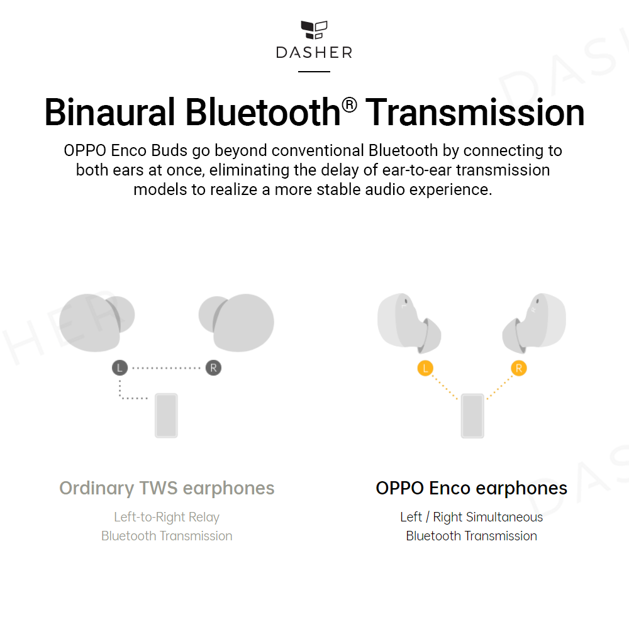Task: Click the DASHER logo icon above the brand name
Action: click(314, 31)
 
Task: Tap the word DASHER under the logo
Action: click(314, 52)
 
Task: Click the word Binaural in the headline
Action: click(109, 113)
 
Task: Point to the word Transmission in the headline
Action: click(476, 113)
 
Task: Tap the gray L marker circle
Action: click(120, 368)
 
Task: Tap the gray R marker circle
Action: click(213, 368)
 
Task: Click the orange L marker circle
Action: click(425, 369)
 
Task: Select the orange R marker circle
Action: click(518, 369)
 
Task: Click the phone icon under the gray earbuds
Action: click(166, 415)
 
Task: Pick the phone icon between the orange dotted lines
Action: click(472, 415)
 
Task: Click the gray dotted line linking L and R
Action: click(166, 368)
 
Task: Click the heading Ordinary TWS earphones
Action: click(167, 488)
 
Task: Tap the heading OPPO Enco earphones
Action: click(471, 488)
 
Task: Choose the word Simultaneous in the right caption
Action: click(504, 518)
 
